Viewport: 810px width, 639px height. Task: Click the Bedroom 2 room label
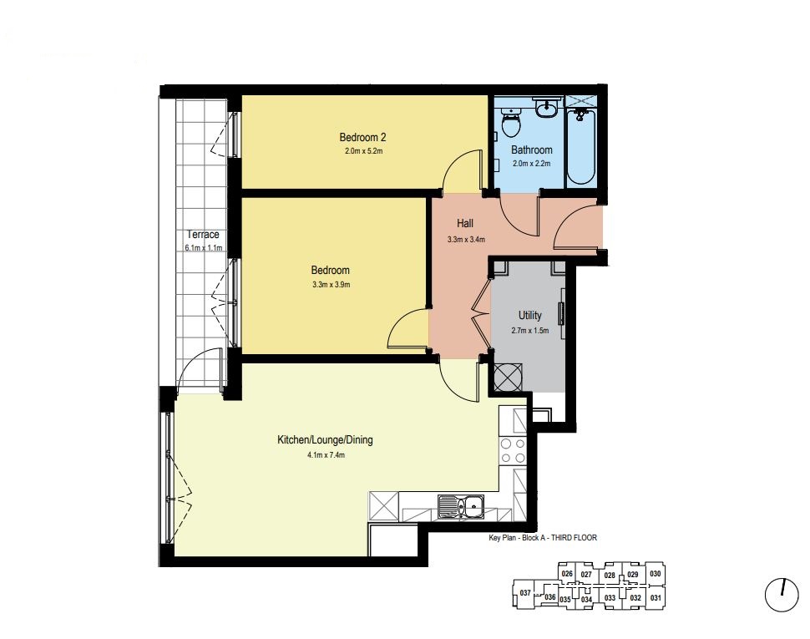coord(362,138)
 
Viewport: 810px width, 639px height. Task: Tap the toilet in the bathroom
coord(510,122)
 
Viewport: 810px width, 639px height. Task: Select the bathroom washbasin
coord(545,108)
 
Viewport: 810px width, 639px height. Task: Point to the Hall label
coord(465,224)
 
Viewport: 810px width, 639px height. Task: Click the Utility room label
coord(530,315)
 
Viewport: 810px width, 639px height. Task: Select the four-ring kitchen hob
coord(513,450)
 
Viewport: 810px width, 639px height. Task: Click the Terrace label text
coord(203,235)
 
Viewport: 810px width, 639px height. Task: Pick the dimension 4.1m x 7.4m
coord(326,455)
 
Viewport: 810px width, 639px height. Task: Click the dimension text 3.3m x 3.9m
coord(332,285)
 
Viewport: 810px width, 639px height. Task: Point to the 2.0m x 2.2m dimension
coord(532,164)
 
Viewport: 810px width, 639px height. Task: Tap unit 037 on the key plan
coord(525,593)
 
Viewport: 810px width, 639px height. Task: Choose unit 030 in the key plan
coord(655,573)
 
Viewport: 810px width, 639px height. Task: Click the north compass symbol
coord(782,595)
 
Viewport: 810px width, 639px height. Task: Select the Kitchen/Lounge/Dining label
coord(325,440)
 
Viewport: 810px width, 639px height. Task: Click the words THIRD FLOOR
coord(574,538)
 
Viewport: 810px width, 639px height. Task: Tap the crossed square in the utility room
coord(508,378)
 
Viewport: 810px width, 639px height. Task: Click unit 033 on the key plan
coord(610,598)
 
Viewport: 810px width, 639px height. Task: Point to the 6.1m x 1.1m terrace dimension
coord(204,248)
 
